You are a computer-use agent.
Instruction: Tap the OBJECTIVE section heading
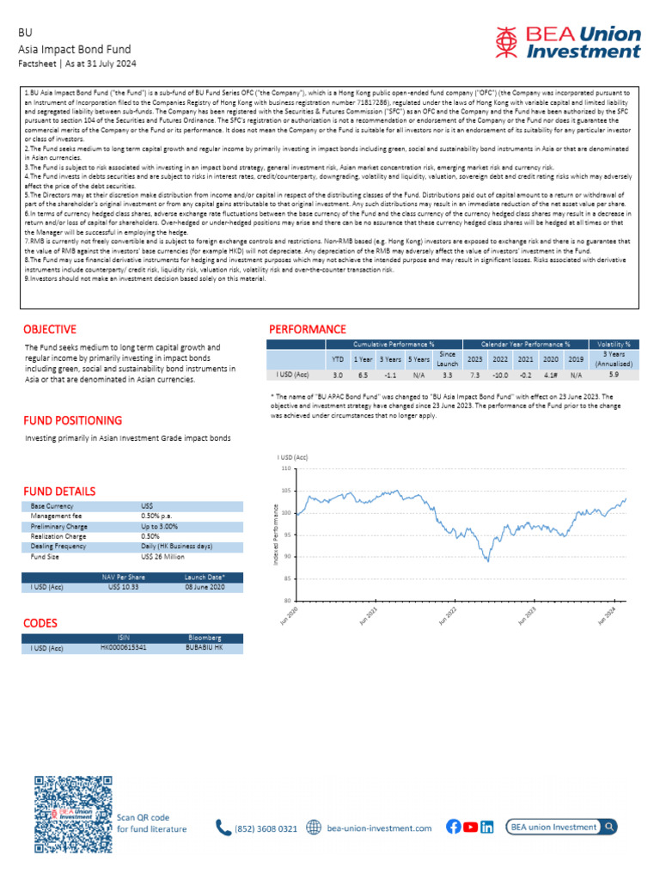point(49,329)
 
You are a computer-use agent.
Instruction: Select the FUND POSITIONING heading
point(72,420)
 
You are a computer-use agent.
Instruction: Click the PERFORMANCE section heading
point(308,329)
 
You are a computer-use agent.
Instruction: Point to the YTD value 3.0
point(338,375)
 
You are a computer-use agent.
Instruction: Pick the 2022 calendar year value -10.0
point(498,375)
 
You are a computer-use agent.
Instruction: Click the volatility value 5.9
point(614,375)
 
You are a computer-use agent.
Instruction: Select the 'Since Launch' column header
point(447,357)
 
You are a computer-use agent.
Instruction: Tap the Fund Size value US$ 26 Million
point(162,557)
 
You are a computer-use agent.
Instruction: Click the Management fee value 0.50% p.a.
point(158,516)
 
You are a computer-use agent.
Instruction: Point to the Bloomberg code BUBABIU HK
point(204,646)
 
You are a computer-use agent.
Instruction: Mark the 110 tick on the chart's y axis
point(286,469)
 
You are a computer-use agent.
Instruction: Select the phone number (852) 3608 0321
point(266,828)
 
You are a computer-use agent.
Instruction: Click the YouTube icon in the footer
point(470,827)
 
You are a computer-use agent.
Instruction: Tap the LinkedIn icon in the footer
point(487,827)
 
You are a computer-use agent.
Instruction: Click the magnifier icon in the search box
point(608,827)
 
